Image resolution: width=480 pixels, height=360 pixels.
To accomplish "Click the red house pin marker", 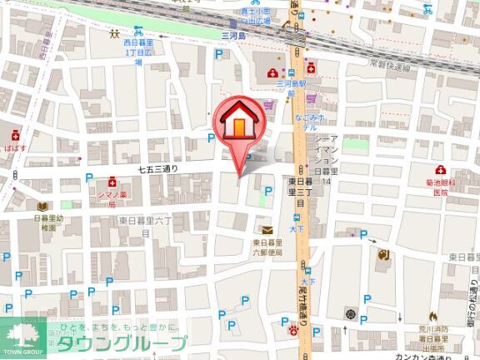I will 238,126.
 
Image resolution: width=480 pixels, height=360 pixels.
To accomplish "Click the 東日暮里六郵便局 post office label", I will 267,248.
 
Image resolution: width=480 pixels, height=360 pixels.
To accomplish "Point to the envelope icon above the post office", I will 267,230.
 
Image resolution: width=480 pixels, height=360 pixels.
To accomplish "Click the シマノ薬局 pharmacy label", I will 112,198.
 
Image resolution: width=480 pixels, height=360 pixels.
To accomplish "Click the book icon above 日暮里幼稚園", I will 41,206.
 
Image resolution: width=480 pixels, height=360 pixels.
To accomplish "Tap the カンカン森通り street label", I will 418,355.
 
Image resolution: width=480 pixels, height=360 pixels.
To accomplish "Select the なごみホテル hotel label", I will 306,124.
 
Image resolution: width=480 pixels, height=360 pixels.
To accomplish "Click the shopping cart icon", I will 268,106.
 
